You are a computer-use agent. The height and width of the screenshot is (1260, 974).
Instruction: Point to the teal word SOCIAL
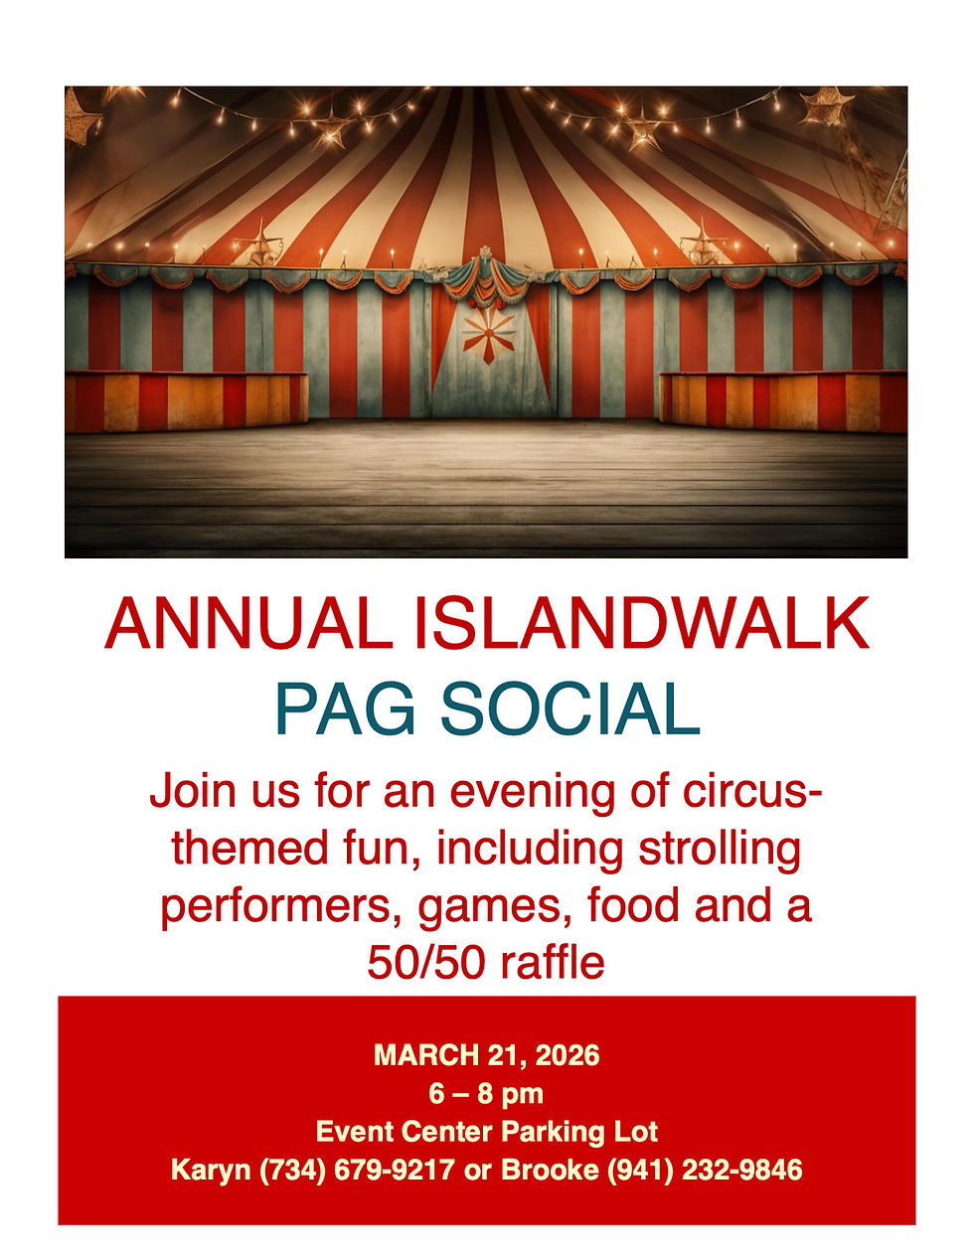click(x=569, y=709)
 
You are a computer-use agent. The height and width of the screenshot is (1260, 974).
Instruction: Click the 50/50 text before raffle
click(x=418, y=963)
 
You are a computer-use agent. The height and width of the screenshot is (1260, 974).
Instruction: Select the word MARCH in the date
click(x=423, y=1054)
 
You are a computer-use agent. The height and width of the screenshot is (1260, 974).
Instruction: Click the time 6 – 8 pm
click(x=487, y=1093)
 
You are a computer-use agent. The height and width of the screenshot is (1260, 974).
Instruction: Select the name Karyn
click(x=212, y=1170)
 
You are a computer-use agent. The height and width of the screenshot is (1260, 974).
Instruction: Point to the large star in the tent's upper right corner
click(x=826, y=106)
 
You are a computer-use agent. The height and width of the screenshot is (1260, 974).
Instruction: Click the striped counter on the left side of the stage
click(x=186, y=400)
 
